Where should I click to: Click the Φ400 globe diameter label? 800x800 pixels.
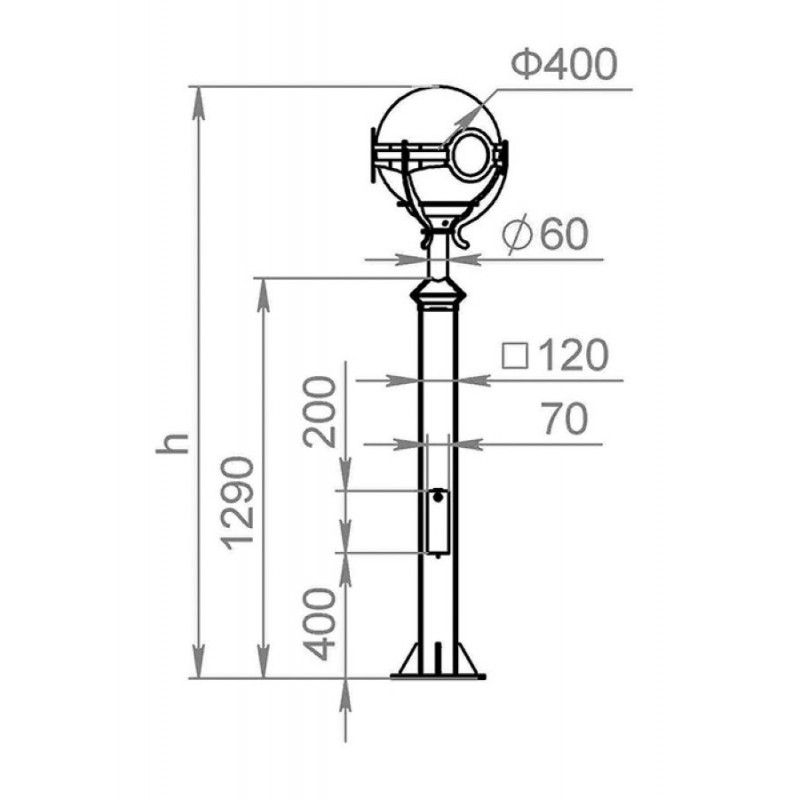coord(564,64)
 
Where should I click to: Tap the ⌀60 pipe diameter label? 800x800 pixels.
coord(545,235)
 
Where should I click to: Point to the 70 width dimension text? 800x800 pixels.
coord(564,418)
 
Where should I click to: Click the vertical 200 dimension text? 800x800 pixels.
coord(320,412)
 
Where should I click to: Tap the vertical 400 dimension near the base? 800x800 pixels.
coord(320,624)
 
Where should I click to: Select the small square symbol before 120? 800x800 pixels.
coord(515,356)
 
